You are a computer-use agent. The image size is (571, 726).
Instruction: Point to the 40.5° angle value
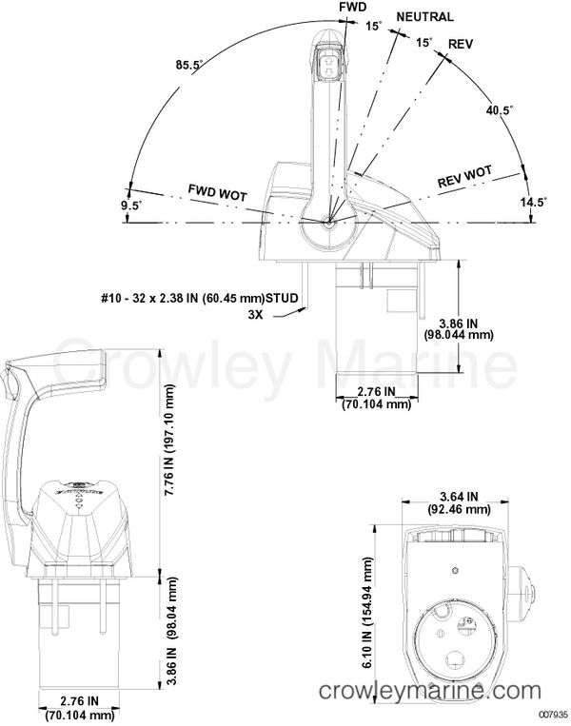click(x=499, y=111)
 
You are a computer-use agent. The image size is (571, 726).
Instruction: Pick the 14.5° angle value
click(x=533, y=202)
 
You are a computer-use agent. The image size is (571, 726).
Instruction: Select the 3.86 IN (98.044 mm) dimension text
click(x=459, y=328)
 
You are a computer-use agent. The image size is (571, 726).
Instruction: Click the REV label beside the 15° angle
click(x=460, y=45)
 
